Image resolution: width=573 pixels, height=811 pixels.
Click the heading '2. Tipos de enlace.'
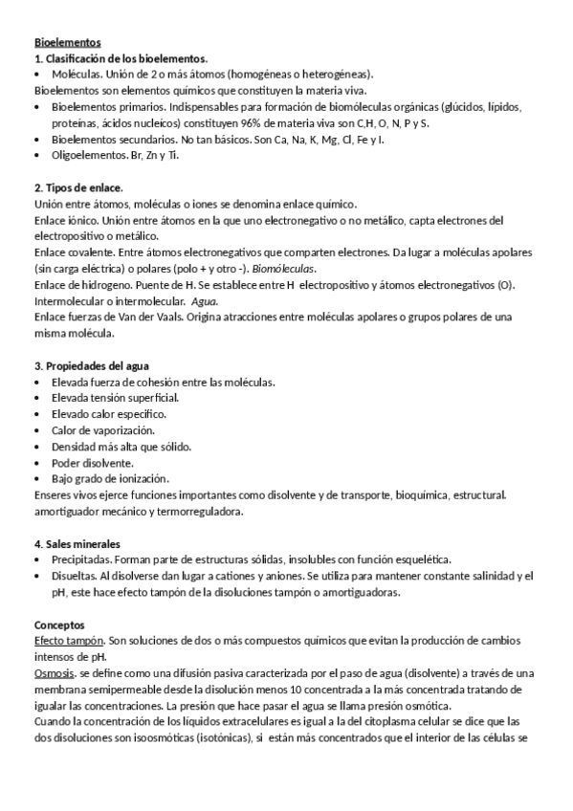coord(78,187)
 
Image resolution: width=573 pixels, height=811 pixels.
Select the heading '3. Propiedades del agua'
coord(92,366)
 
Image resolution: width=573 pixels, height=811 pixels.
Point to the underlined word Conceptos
coord(59,625)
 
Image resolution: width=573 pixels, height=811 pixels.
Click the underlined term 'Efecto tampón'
coord(68,641)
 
